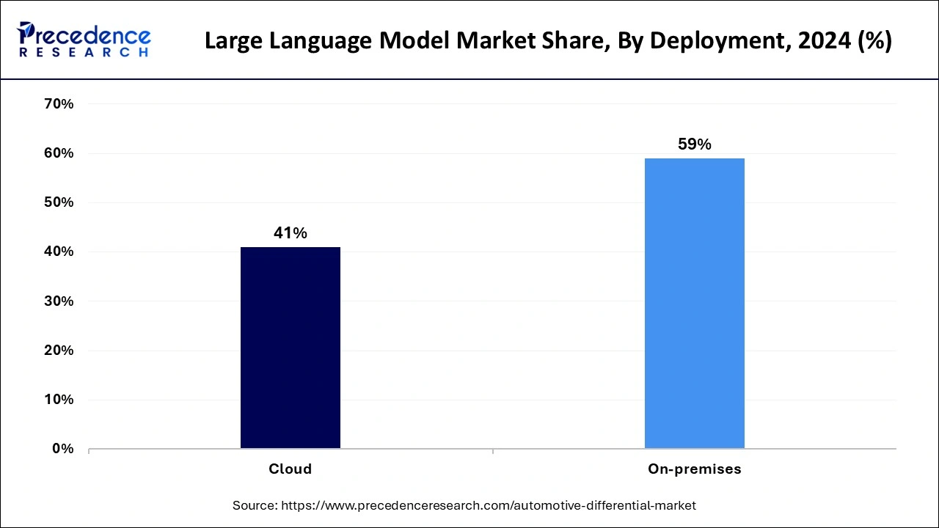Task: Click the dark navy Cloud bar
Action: tap(290, 348)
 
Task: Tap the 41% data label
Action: tap(290, 233)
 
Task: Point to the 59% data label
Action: tap(694, 144)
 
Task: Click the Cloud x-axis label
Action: tap(290, 469)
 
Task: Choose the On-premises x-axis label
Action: tap(694, 469)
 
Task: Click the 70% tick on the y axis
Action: tap(59, 104)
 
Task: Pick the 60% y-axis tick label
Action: tap(59, 153)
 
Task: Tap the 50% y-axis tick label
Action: tap(59, 202)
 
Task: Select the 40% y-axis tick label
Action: tap(59, 252)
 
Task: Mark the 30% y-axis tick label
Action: tap(59, 301)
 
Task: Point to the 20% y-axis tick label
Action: tap(59, 351)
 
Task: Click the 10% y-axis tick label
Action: tap(59, 400)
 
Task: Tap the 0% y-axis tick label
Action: tap(62, 449)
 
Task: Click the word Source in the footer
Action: tap(253, 505)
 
